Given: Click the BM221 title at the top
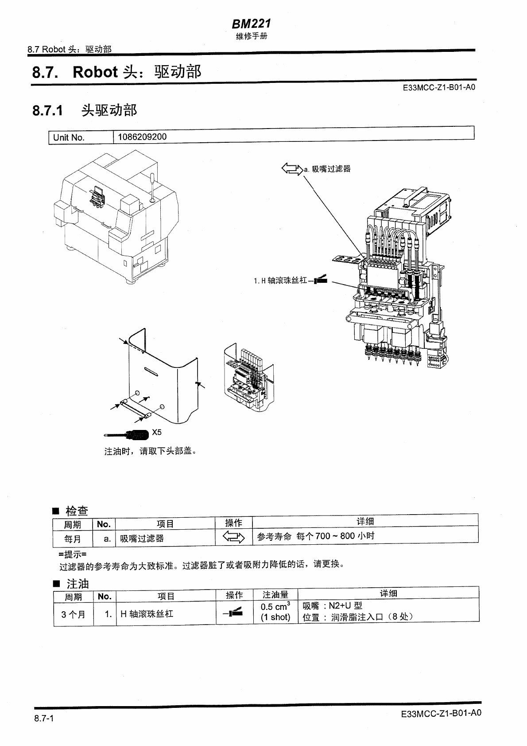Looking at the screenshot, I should click(x=251, y=23).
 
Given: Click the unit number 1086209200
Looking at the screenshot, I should click(x=142, y=137).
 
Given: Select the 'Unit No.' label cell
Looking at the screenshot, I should click(x=69, y=137).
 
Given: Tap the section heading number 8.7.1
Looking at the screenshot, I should click(x=47, y=110).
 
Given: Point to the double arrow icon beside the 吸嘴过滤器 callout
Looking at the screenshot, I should click(x=291, y=169).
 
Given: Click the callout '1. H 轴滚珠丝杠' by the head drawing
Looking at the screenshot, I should click(x=280, y=281).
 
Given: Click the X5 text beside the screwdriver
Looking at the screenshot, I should click(x=157, y=432).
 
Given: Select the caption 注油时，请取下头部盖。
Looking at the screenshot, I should click(x=150, y=451).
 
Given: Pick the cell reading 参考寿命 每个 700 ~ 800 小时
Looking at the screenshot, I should click(x=316, y=536).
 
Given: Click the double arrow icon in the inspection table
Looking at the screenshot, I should click(x=233, y=538).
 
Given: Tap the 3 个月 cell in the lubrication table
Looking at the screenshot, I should click(x=74, y=614).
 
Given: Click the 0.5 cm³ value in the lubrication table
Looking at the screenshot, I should click(x=275, y=606).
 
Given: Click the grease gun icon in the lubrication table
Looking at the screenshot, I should click(x=233, y=613).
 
